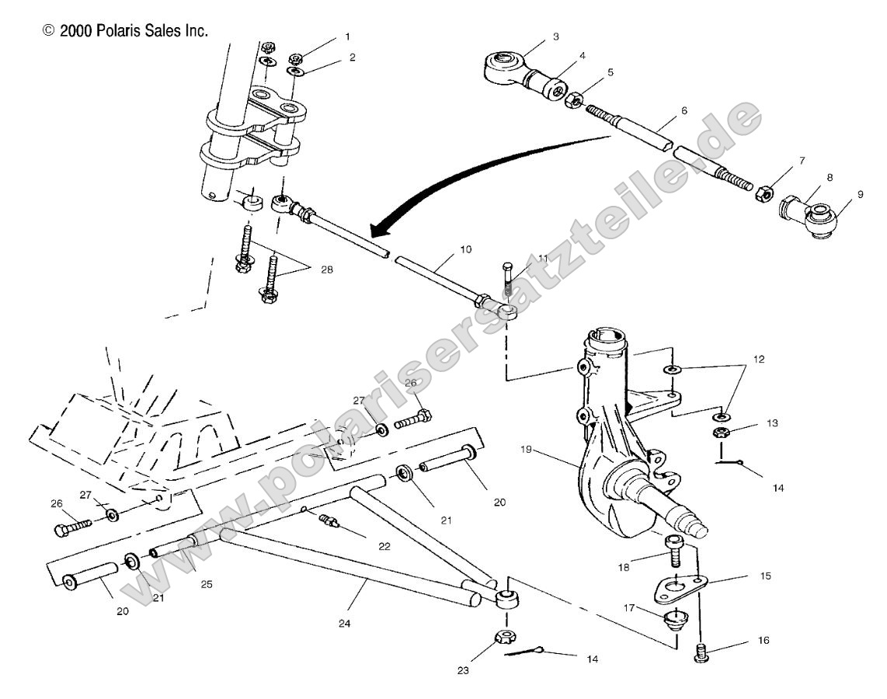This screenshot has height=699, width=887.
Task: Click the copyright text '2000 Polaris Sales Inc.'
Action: click(125, 31)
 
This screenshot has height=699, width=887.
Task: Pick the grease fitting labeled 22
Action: click(331, 523)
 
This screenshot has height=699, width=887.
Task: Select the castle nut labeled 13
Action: click(719, 431)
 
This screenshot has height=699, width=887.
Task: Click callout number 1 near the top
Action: click(347, 37)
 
